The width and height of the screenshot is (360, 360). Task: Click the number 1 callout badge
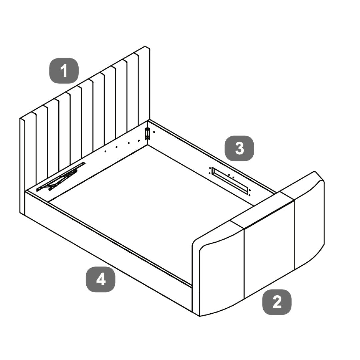[x=64, y=71]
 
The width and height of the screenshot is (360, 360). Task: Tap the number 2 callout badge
[x=277, y=302]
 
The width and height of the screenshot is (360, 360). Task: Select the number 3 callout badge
[x=239, y=148]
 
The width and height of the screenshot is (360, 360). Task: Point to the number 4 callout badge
[x=101, y=279]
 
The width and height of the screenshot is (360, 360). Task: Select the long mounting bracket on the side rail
[x=230, y=178]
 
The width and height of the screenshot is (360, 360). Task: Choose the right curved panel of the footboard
[x=309, y=223]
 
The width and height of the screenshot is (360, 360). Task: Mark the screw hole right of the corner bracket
[x=154, y=132]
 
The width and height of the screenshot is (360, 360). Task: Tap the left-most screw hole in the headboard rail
[x=105, y=151]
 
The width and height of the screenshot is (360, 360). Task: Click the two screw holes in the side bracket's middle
[x=231, y=176]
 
